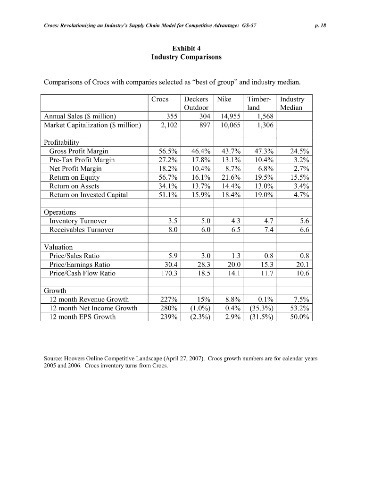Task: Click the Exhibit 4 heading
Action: click(186, 48)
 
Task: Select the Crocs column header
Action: click(160, 100)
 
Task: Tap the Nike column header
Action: click(224, 100)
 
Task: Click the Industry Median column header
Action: click(292, 103)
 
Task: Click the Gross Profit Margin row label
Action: click(79, 151)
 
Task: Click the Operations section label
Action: click(60, 212)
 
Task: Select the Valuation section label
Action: click(58, 247)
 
